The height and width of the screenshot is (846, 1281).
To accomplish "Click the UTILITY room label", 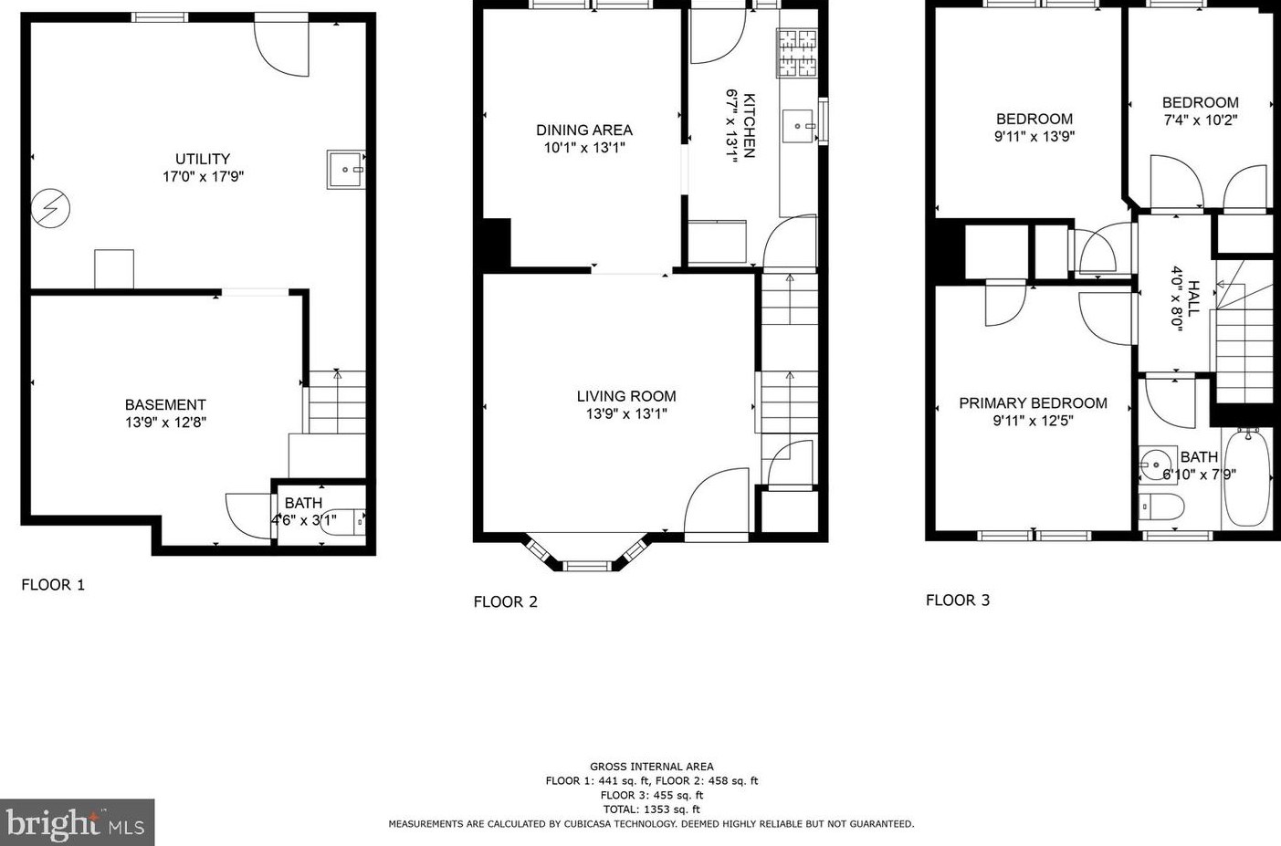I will coord(203,159).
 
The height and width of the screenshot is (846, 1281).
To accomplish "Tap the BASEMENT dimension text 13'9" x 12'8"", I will coord(165,423).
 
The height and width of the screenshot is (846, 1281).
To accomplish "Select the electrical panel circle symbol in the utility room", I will coord(50,209).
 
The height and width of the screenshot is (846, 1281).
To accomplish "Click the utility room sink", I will coord(345,170).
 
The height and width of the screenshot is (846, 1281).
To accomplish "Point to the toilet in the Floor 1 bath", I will coord(345,521).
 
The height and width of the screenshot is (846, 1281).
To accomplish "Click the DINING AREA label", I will coord(583,131).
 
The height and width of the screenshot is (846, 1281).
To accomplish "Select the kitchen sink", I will coord(800,126).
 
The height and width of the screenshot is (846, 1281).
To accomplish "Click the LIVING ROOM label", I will coord(626,396).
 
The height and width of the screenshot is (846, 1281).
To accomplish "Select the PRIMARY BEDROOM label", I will coord(1033,403).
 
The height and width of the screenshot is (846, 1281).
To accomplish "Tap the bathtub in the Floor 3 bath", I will coord(1246,477).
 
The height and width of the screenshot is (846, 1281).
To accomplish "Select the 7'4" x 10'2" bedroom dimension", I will coord(1200,120).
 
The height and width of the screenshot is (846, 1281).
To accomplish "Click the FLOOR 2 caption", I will coord(505,601).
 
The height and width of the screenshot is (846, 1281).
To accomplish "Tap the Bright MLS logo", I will coord(77,822).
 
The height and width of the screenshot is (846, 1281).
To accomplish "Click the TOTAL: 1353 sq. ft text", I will coord(651,809).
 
